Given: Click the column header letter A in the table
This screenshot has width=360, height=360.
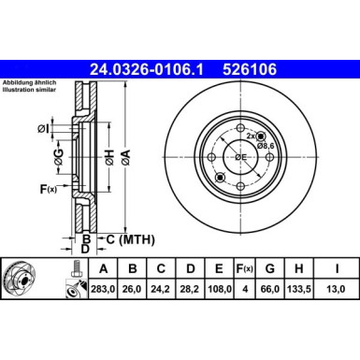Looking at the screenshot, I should point(103,270).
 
